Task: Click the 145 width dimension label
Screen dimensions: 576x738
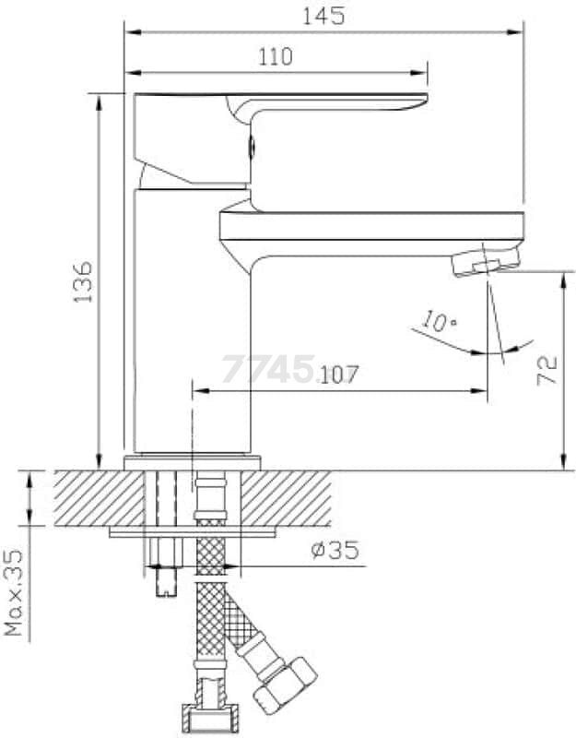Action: pyautogui.click(x=323, y=17)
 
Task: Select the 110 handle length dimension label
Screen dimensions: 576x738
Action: pyautogui.click(x=276, y=57)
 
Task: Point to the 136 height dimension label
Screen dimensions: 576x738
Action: pyautogui.click(x=83, y=282)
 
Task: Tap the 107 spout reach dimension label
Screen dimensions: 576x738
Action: pyautogui.click(x=338, y=375)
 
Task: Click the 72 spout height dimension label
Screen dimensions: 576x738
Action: pyautogui.click(x=547, y=371)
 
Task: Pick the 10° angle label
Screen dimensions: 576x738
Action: pyautogui.click(x=439, y=321)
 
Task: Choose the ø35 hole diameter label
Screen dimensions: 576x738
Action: pyautogui.click(x=335, y=550)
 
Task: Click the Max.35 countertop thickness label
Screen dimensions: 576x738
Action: pyautogui.click(x=13, y=592)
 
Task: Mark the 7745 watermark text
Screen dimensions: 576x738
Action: pyautogui.click(x=268, y=369)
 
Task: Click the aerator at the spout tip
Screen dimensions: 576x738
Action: pyautogui.click(x=486, y=262)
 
